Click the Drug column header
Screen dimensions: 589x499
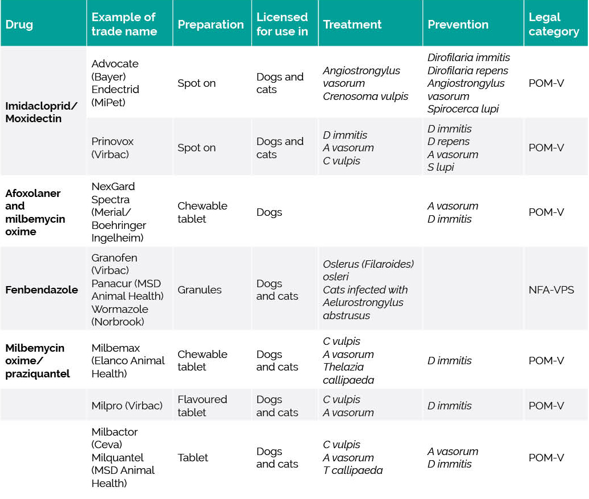click(x=19, y=25)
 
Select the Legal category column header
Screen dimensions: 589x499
click(x=554, y=25)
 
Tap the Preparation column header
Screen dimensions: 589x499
click(x=211, y=25)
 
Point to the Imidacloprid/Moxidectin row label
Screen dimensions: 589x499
click(x=41, y=112)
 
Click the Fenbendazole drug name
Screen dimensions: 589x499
click(x=42, y=289)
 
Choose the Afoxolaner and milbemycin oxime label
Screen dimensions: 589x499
click(x=35, y=212)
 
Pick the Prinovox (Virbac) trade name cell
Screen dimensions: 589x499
click(x=112, y=148)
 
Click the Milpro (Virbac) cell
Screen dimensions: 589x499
click(x=127, y=406)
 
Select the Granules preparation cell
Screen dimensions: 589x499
click(x=199, y=289)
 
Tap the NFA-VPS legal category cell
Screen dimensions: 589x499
click(x=551, y=289)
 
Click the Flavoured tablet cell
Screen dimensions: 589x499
click(x=202, y=406)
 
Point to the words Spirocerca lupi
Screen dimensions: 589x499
click(x=463, y=109)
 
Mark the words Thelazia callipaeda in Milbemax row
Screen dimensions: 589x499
click(x=348, y=373)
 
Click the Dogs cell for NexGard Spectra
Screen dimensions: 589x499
click(x=269, y=212)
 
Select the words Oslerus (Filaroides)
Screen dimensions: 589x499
click(x=368, y=264)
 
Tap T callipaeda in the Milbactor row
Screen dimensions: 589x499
click(x=353, y=470)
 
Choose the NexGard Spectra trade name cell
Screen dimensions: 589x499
click(x=118, y=212)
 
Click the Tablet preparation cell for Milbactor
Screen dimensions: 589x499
click(x=193, y=458)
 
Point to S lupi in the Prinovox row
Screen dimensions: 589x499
click(x=441, y=167)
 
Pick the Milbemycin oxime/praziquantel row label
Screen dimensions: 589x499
click(x=38, y=361)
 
